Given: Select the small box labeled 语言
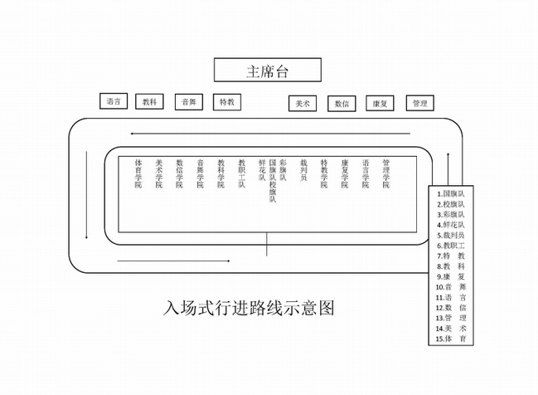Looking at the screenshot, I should point(114,102).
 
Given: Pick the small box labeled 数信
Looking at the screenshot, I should point(342,104).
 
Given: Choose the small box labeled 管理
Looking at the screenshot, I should point(419,104).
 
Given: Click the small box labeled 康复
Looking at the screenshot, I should point(380,104).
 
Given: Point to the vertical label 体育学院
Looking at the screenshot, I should point(138,173).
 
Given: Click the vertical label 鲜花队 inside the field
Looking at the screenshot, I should point(263,170).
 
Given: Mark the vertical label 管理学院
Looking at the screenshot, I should point(385,173).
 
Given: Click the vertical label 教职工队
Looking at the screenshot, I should point(241,173).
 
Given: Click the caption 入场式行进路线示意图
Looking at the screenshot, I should point(250,308).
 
